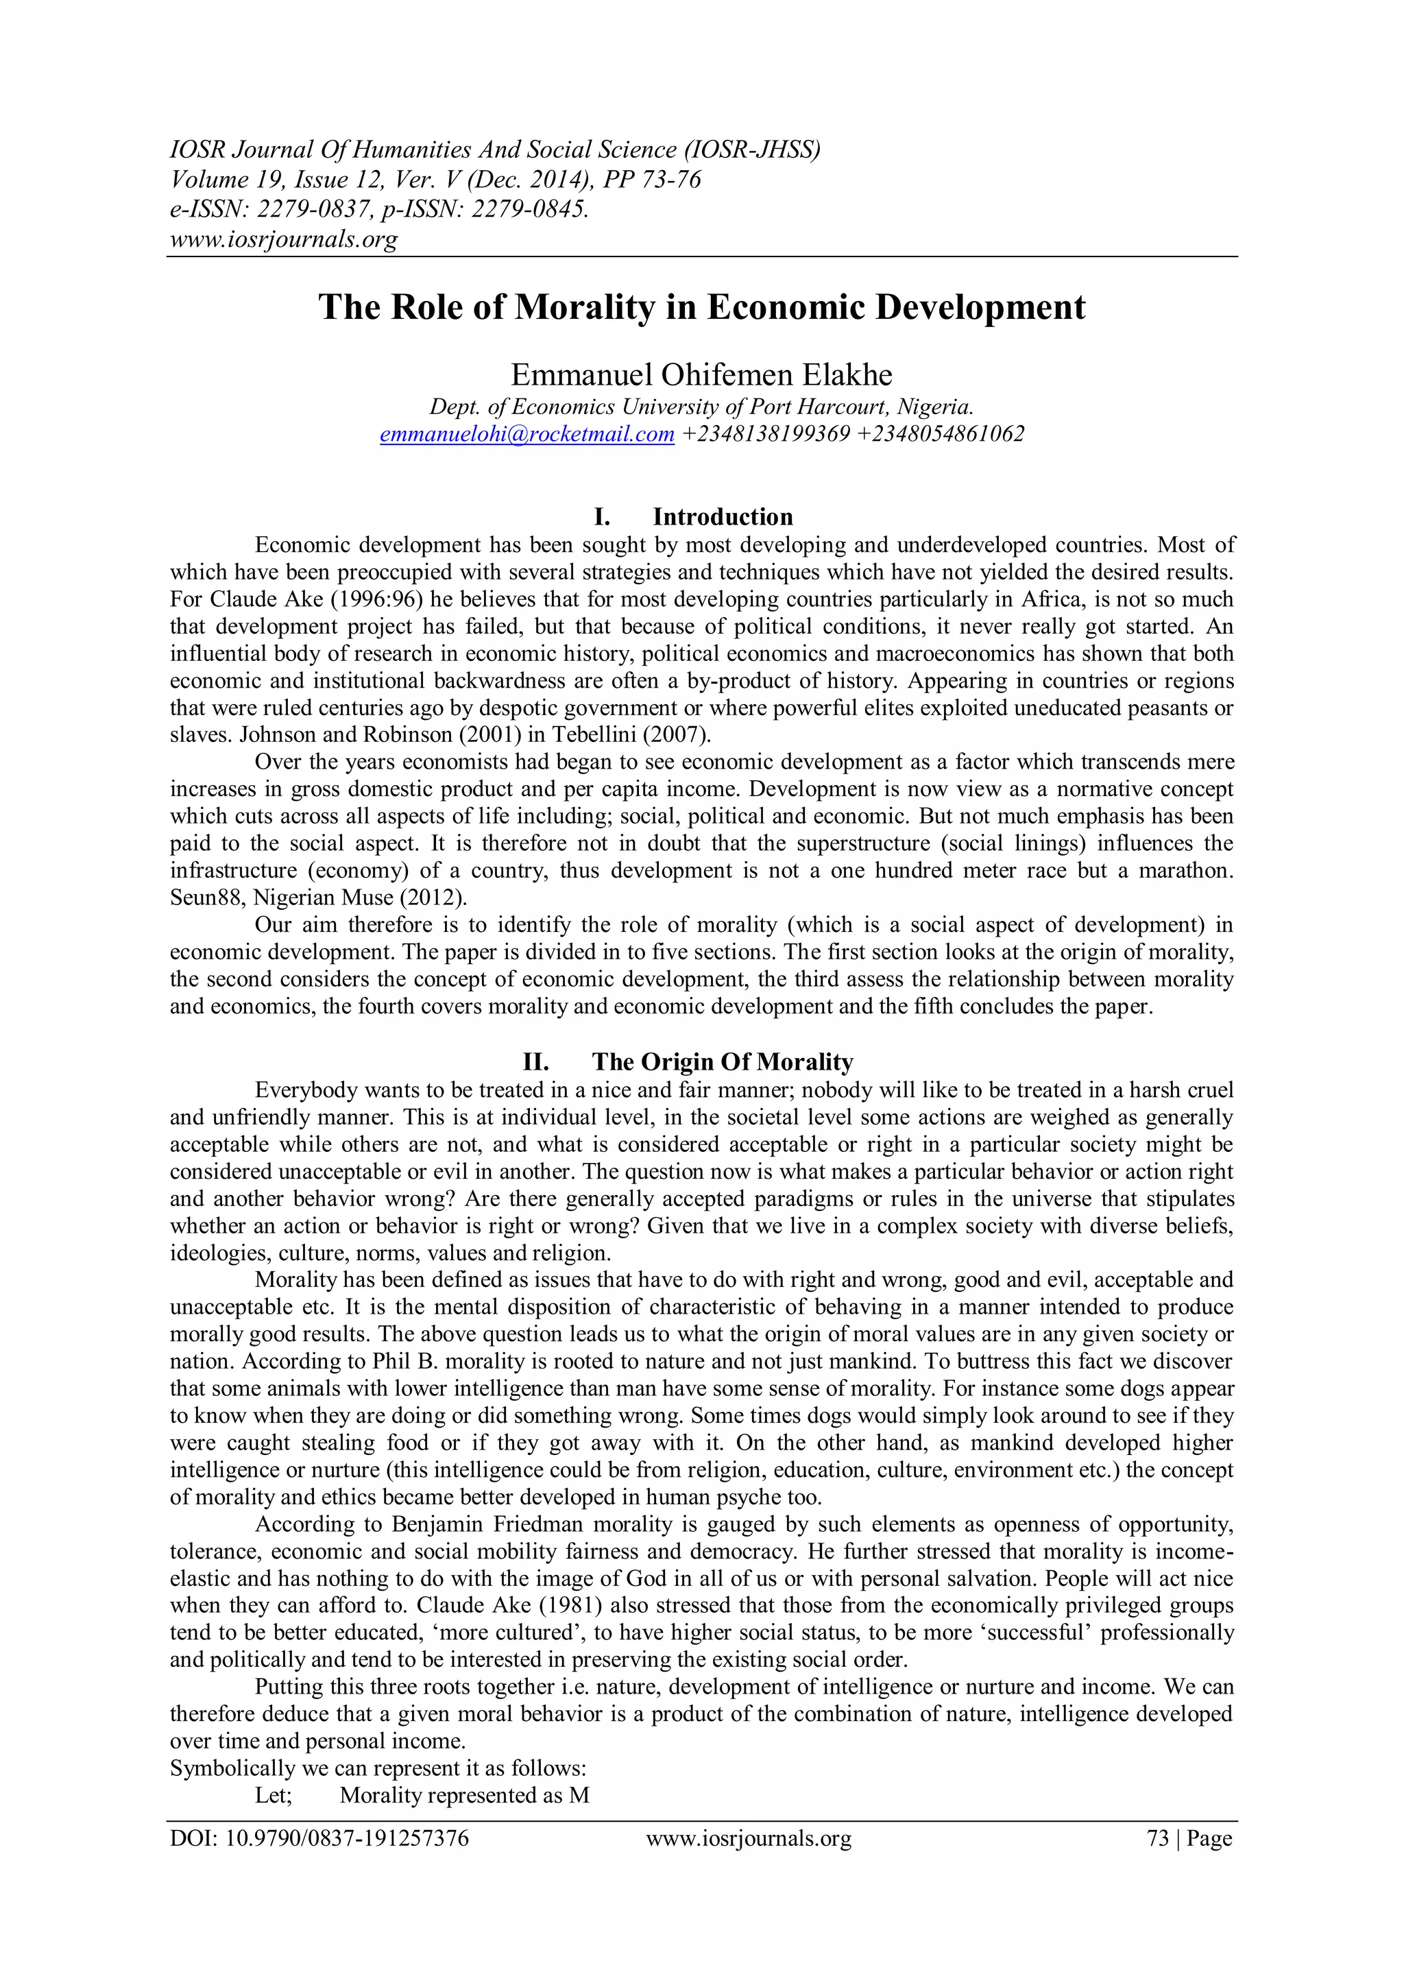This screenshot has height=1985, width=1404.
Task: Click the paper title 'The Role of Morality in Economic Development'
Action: pos(701,308)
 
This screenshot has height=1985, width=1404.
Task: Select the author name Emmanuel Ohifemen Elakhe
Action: pos(701,375)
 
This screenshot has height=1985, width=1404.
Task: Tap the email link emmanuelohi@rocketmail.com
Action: pos(527,434)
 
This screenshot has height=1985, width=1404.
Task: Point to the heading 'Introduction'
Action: pos(722,517)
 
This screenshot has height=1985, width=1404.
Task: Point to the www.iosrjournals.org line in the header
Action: pos(284,239)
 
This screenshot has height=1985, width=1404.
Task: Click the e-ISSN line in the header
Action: pos(378,209)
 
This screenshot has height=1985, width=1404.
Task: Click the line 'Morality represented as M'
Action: pos(464,1796)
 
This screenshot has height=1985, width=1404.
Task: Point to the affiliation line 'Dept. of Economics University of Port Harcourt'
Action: pos(701,407)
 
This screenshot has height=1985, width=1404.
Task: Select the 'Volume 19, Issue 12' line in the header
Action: pos(435,180)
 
